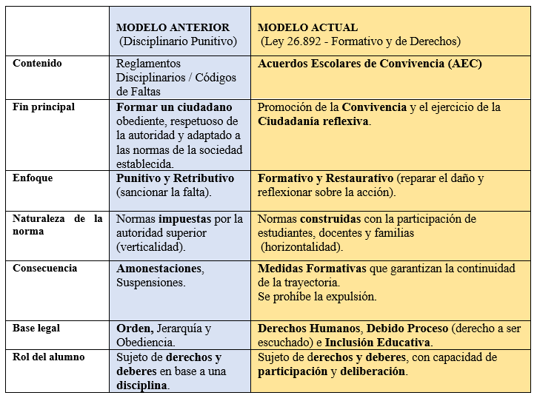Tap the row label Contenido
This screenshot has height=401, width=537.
pyautogui.click(x=37, y=64)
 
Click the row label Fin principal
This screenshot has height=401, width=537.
pyautogui.click(x=44, y=107)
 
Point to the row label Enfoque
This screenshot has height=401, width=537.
pyautogui.click(x=33, y=178)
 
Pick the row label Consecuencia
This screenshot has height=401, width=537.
pyautogui.click(x=44, y=268)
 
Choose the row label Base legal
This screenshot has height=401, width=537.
pyautogui.click(x=36, y=328)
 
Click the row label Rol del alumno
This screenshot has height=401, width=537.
pyautogui.click(x=48, y=357)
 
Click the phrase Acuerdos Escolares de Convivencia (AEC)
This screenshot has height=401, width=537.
pyautogui.click(x=370, y=64)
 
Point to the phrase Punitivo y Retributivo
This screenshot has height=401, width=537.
pyautogui.click(x=175, y=178)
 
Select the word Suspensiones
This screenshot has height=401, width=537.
pyautogui.click(x=150, y=282)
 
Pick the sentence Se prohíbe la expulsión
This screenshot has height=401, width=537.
pyautogui.click(x=317, y=297)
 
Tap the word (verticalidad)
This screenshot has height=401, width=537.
pyautogui.click(x=151, y=247)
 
